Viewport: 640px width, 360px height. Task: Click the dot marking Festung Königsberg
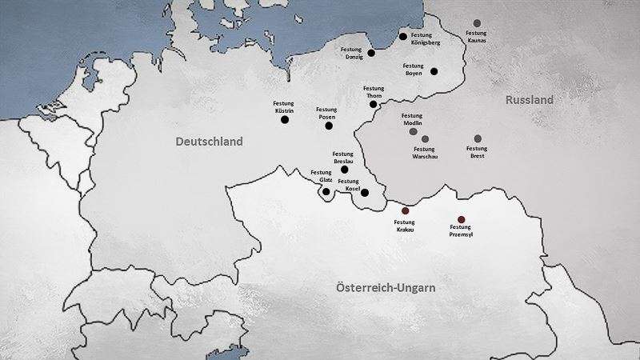click(x=403, y=36)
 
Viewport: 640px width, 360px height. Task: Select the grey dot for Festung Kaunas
click(x=477, y=23)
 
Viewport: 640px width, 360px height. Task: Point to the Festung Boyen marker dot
click(x=434, y=71)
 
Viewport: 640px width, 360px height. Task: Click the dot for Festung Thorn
click(x=373, y=104)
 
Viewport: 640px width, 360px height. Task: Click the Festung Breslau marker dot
click(x=345, y=170)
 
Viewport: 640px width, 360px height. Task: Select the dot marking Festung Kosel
click(x=365, y=193)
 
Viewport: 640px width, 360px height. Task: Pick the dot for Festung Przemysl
click(x=461, y=219)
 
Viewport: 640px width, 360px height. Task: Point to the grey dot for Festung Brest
click(x=478, y=138)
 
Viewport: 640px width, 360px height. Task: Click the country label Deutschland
click(x=209, y=142)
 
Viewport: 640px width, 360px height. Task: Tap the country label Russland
click(x=529, y=101)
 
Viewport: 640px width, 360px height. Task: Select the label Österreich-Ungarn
click(x=386, y=287)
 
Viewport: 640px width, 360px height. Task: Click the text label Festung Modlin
click(x=413, y=118)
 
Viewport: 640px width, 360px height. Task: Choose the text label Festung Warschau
click(x=425, y=152)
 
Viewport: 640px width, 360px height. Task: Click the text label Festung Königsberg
click(x=426, y=39)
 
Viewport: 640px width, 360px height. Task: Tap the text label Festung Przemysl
click(x=464, y=232)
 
